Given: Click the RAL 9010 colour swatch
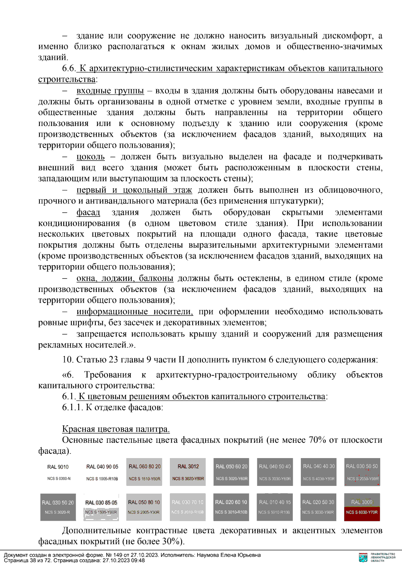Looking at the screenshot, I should (58, 472).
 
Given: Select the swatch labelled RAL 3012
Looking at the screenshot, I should (188, 472).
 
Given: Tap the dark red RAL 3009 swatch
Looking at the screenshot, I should (362, 507).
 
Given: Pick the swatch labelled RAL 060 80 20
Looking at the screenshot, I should (144, 472).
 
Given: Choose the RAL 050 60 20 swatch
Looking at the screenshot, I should (231, 472).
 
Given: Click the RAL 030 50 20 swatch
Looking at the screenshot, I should (58, 507).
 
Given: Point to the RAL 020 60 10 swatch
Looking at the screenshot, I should (231, 507).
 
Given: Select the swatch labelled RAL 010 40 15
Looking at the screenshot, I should (275, 507).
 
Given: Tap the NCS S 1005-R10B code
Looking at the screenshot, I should (102, 479).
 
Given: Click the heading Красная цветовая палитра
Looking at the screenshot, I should (116, 429).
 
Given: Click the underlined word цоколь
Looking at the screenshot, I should (90, 157).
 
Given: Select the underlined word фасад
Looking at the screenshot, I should (88, 212).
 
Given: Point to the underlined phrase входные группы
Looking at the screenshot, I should (110, 91).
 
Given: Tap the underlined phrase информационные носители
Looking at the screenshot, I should (135, 312).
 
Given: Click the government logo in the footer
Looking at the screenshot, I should (363, 558).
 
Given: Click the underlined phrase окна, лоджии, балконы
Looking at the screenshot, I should (125, 278).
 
